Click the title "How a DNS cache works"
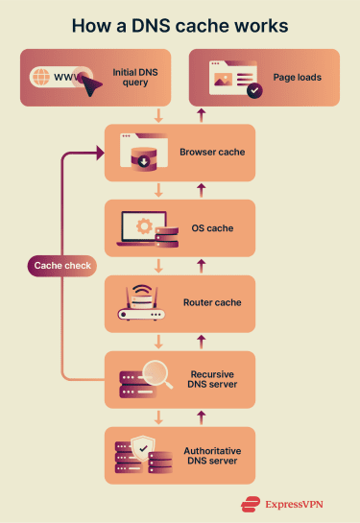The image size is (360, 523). (x=180, y=25)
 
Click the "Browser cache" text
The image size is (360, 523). (x=212, y=152)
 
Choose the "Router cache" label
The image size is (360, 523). (x=212, y=303)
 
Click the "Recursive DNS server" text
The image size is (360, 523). (x=212, y=378)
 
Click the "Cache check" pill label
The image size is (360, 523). (x=61, y=265)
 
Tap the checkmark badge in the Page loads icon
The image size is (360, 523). (x=253, y=91)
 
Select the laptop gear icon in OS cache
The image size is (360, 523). (x=140, y=226)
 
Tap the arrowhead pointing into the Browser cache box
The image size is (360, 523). (x=98, y=153)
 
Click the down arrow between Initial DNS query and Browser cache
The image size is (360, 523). (x=159, y=115)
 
